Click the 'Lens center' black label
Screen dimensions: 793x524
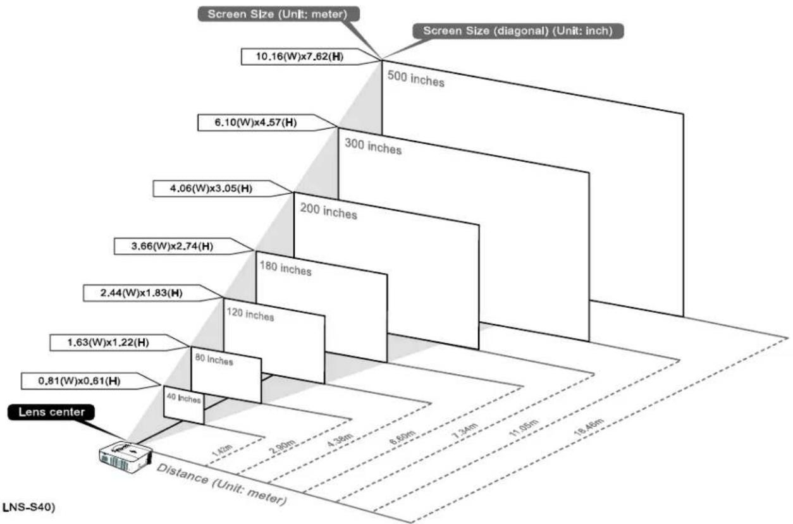click(x=51, y=412)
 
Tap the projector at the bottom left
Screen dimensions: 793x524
click(x=126, y=457)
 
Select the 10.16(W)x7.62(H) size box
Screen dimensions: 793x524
click(x=300, y=57)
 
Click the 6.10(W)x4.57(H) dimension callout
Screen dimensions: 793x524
click(x=255, y=123)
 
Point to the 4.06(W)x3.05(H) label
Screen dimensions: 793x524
click(x=211, y=188)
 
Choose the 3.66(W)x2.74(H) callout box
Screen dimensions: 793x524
click(x=173, y=247)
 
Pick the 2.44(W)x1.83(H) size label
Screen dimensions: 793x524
click(x=142, y=293)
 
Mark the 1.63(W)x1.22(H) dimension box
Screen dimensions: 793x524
click(x=108, y=343)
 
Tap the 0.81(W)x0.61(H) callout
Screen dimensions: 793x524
click(x=79, y=381)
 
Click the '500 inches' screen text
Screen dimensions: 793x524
click(x=416, y=78)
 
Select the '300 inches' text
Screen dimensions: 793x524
click(x=373, y=146)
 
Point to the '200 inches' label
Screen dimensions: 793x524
click(x=329, y=211)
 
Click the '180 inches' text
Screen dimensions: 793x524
click(x=286, y=268)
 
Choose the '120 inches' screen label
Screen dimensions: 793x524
click(x=250, y=314)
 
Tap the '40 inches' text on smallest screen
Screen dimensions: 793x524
click(x=184, y=398)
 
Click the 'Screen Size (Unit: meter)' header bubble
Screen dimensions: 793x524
click(x=278, y=14)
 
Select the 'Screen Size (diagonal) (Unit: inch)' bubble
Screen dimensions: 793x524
click(x=518, y=31)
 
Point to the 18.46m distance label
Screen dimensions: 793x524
click(x=588, y=427)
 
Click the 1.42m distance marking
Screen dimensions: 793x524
click(x=222, y=450)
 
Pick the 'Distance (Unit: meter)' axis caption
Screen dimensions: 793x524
click(x=221, y=484)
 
